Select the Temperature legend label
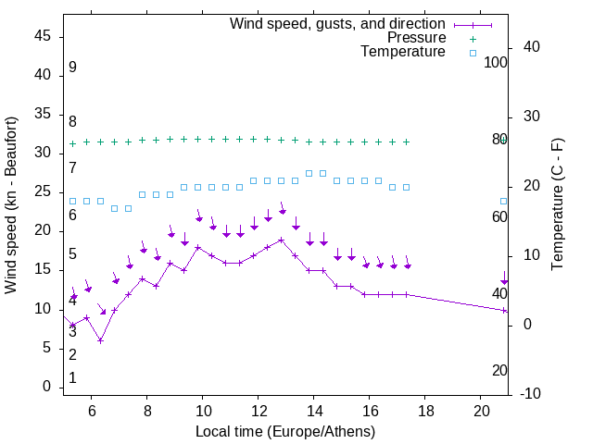(x=403, y=53)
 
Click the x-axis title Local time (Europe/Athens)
(x=285, y=431)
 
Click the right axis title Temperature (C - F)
(x=557, y=205)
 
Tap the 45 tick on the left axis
(x=43, y=37)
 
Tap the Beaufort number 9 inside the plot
(x=72, y=68)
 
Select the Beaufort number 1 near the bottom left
(x=72, y=378)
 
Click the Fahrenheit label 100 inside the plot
(x=496, y=63)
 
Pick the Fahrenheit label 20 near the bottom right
(x=499, y=371)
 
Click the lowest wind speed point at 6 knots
(x=100, y=340)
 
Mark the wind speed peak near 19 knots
(x=281, y=240)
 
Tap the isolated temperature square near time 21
(x=504, y=201)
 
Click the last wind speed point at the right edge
(x=504, y=310)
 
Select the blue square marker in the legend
(x=473, y=53)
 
